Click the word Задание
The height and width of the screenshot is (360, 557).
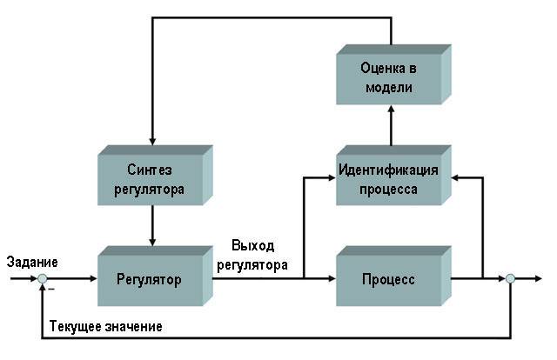[x=31, y=261]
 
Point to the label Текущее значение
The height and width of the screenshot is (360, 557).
[x=105, y=326]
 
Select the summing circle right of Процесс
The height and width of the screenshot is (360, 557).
[x=511, y=279]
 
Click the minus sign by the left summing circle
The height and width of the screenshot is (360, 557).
[x=50, y=290]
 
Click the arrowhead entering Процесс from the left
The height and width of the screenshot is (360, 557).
[x=332, y=279]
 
